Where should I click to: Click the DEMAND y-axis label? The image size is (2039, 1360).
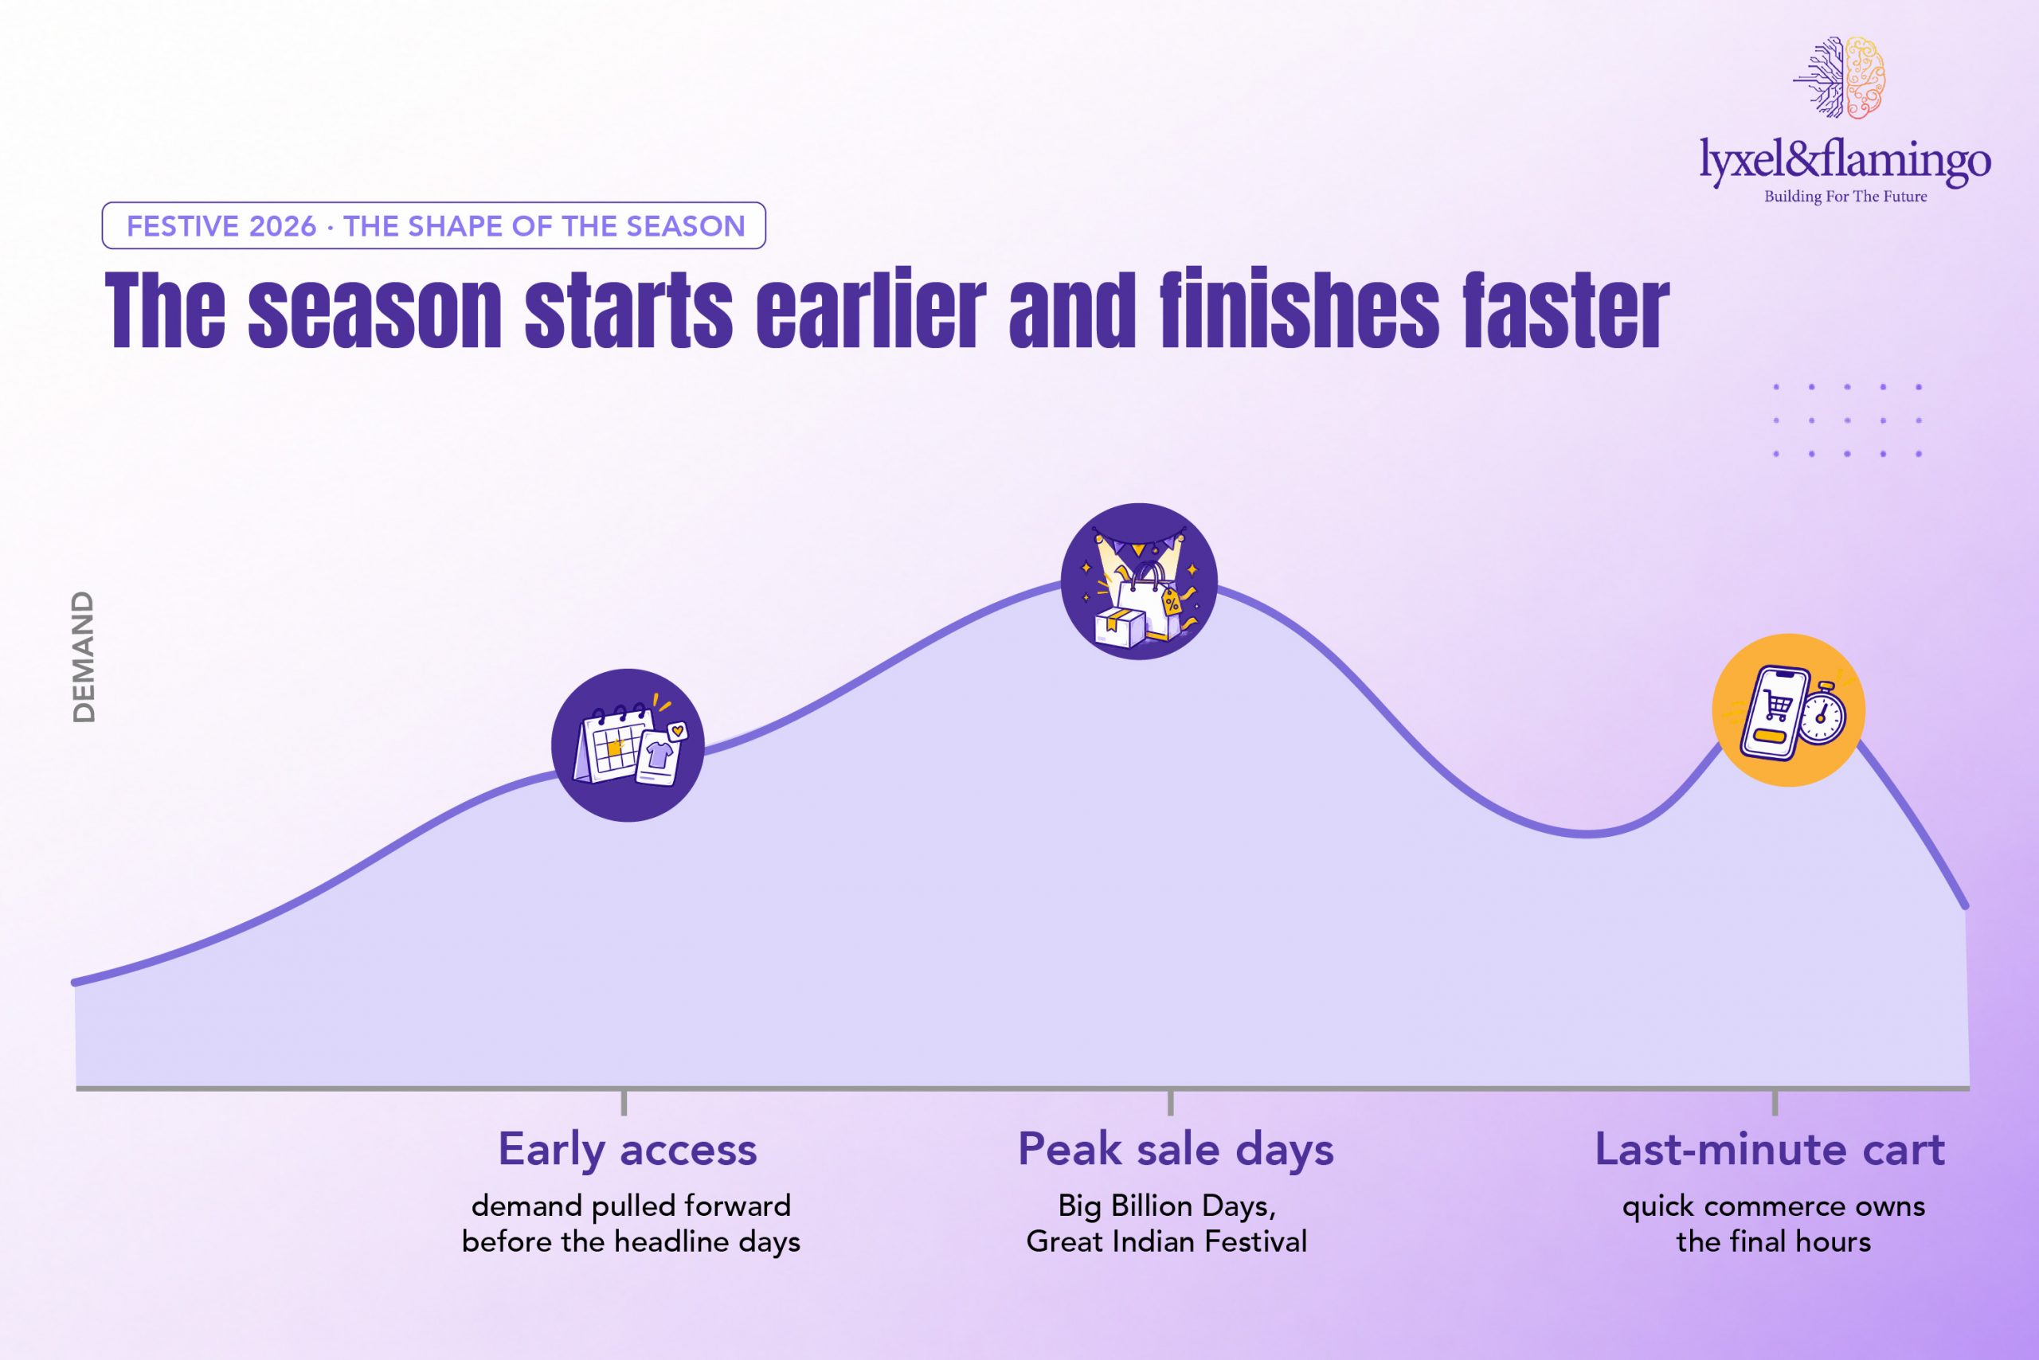[84, 657]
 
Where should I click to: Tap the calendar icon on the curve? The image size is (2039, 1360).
[628, 745]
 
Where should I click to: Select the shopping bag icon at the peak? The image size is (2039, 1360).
[1138, 581]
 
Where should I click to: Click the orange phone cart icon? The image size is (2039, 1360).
[1788, 709]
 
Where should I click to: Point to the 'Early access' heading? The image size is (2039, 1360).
[628, 1151]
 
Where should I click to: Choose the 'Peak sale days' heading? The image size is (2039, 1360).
[1176, 1151]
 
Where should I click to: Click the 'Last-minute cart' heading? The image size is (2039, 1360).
[1770, 1150]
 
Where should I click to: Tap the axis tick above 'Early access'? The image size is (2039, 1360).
[624, 1101]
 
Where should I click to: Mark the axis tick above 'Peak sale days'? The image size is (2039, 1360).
[1171, 1101]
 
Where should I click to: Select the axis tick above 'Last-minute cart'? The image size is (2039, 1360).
[1775, 1101]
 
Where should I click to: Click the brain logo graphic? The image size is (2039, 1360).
[1839, 77]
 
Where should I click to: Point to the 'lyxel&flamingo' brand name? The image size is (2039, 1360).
[1845, 162]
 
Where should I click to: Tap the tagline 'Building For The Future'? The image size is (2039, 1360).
[1845, 197]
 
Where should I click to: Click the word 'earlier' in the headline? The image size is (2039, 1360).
[871, 310]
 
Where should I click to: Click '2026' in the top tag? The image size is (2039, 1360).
[283, 226]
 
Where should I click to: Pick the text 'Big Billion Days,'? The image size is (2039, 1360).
[1167, 1206]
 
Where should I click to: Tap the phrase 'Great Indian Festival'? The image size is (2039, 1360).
[1166, 1241]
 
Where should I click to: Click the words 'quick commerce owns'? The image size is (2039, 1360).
[1774, 1206]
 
